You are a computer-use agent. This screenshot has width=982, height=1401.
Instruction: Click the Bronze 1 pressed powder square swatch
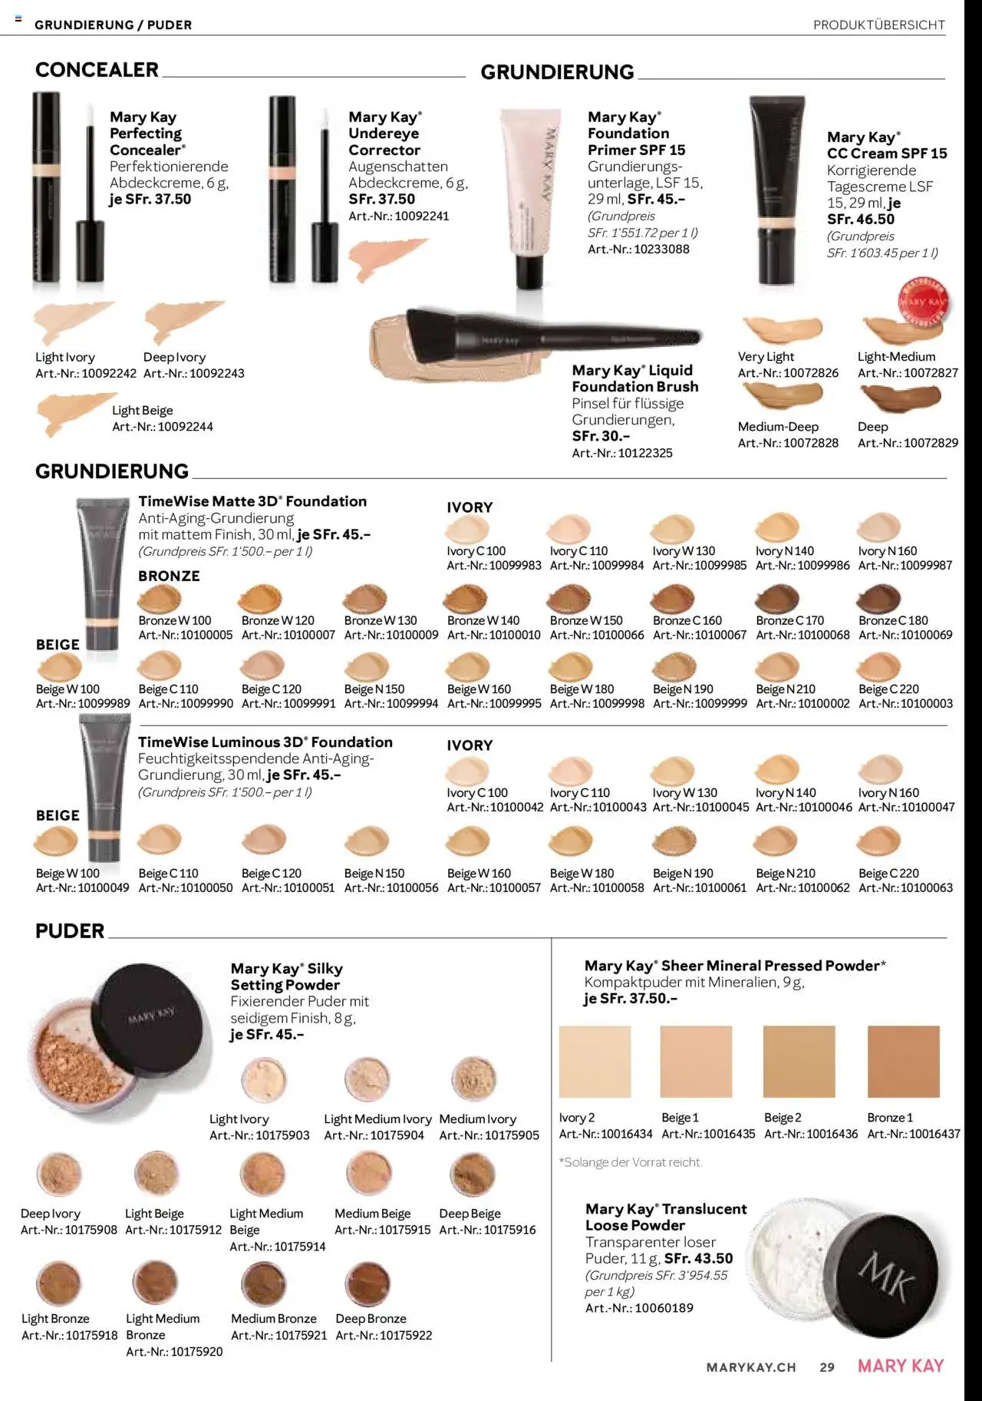[903, 1061]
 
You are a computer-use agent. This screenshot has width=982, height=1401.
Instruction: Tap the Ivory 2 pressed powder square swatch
[595, 1061]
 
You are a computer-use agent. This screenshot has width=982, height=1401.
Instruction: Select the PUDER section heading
[70, 930]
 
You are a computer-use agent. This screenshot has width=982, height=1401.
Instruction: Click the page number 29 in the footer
[827, 1367]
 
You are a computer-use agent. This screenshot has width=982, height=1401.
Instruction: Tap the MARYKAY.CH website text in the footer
[751, 1367]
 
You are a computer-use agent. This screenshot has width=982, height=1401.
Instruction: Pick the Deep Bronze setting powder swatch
[368, 1283]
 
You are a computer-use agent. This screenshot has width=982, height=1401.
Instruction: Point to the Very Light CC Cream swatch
[783, 329]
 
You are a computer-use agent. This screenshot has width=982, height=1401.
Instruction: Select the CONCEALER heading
[97, 70]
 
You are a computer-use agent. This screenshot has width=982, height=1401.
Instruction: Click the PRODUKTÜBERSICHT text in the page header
[879, 25]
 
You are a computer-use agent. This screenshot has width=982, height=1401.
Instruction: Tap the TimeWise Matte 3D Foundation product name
[252, 501]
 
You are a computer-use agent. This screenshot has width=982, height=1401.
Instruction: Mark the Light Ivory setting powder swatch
[264, 1079]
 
